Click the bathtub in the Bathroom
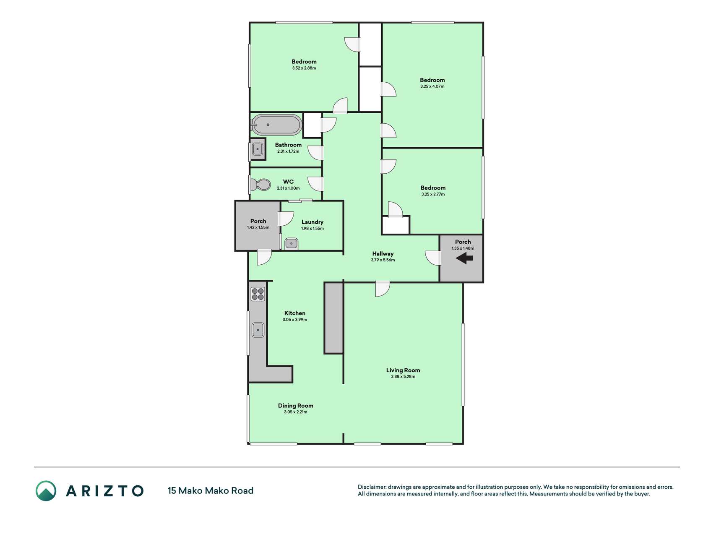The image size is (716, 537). pyautogui.click(x=276, y=125)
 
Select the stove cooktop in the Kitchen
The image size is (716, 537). pyautogui.click(x=258, y=294)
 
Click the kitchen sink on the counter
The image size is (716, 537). pyautogui.click(x=258, y=330)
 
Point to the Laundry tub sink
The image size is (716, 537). pyautogui.click(x=291, y=243)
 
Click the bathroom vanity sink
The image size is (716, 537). pyautogui.click(x=257, y=149)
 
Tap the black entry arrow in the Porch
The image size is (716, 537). pyautogui.click(x=464, y=258)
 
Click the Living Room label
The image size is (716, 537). pyautogui.click(x=403, y=370)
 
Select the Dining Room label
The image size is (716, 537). pyautogui.click(x=296, y=406)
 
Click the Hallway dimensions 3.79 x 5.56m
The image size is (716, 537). pyautogui.click(x=383, y=260)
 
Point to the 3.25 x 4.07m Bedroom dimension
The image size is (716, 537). pyautogui.click(x=432, y=86)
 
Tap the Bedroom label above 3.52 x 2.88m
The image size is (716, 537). pyautogui.click(x=304, y=62)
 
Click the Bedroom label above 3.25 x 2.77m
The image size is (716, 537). pyautogui.click(x=433, y=188)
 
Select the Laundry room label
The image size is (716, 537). pyautogui.click(x=312, y=222)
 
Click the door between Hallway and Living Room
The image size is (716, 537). pyautogui.click(x=383, y=289)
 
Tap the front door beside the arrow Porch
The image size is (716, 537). pyautogui.click(x=433, y=258)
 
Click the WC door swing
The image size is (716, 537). pyautogui.click(x=315, y=184)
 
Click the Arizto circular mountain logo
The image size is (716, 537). pyautogui.click(x=46, y=491)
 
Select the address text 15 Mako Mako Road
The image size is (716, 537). pyautogui.click(x=211, y=490)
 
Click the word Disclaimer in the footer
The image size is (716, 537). pyautogui.click(x=372, y=487)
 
